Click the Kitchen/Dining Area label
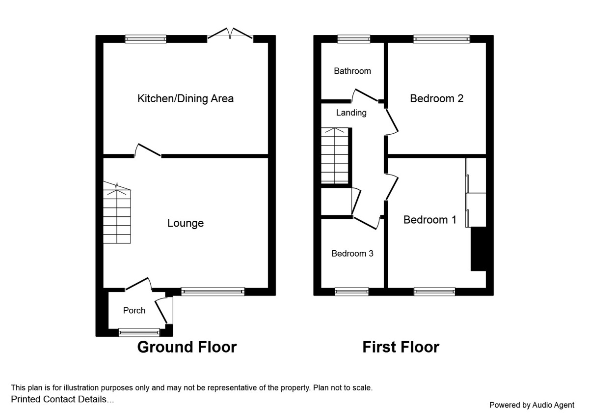[186, 98]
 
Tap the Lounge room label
[186, 223]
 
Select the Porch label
[134, 310]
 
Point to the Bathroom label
[352, 71]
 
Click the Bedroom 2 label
[437, 98]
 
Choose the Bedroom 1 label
[430, 220]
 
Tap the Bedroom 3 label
[352, 254]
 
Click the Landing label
[351, 113]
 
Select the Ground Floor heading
[187, 347]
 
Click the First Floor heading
[401, 347]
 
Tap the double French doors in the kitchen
[230, 34]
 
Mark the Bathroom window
[353, 39]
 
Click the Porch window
[139, 333]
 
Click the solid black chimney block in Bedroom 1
[478, 249]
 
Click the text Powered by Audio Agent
[532, 405]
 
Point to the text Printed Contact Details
[62, 399]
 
